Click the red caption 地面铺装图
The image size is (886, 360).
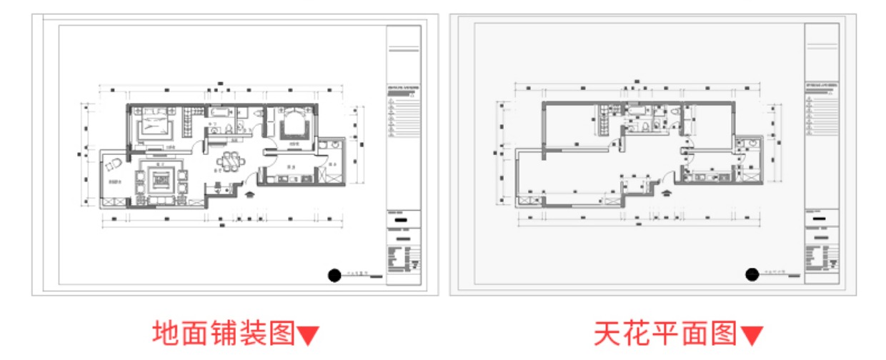[x=224, y=332]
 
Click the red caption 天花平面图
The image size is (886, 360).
[x=665, y=333]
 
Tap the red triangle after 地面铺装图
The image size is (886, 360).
[x=308, y=335]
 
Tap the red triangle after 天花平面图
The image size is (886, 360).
[x=752, y=335]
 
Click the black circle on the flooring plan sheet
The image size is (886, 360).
[x=334, y=274]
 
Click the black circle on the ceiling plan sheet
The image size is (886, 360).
[x=752, y=274]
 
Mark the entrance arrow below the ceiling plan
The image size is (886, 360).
[x=667, y=191]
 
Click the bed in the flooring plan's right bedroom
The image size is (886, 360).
[x=293, y=126]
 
